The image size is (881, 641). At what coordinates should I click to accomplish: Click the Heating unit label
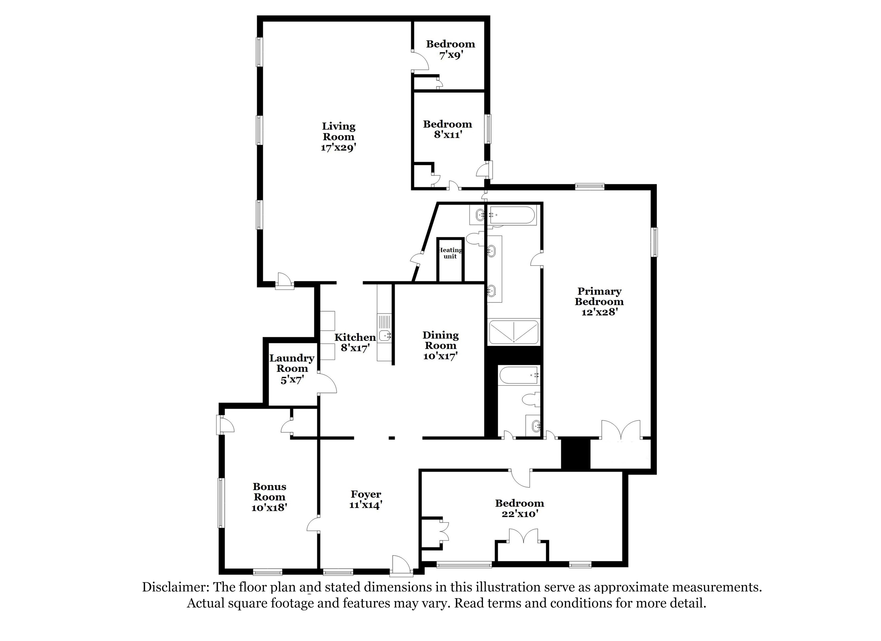click(450, 253)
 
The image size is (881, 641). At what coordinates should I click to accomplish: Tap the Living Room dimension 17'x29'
click(338, 148)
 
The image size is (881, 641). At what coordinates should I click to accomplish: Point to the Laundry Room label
click(292, 363)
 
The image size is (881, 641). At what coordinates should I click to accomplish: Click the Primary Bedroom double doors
click(620, 430)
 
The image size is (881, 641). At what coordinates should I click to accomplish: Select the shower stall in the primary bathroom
click(513, 332)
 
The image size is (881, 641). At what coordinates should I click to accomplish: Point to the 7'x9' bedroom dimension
click(451, 55)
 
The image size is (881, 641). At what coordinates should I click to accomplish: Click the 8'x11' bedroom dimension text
click(447, 135)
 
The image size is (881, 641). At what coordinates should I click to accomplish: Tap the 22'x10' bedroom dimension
click(519, 514)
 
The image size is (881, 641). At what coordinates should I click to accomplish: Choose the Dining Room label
click(440, 340)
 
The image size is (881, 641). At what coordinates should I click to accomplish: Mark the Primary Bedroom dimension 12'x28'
click(599, 312)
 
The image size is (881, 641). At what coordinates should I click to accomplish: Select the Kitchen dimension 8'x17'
click(355, 347)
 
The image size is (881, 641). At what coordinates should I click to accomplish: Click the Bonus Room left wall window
click(221, 503)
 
